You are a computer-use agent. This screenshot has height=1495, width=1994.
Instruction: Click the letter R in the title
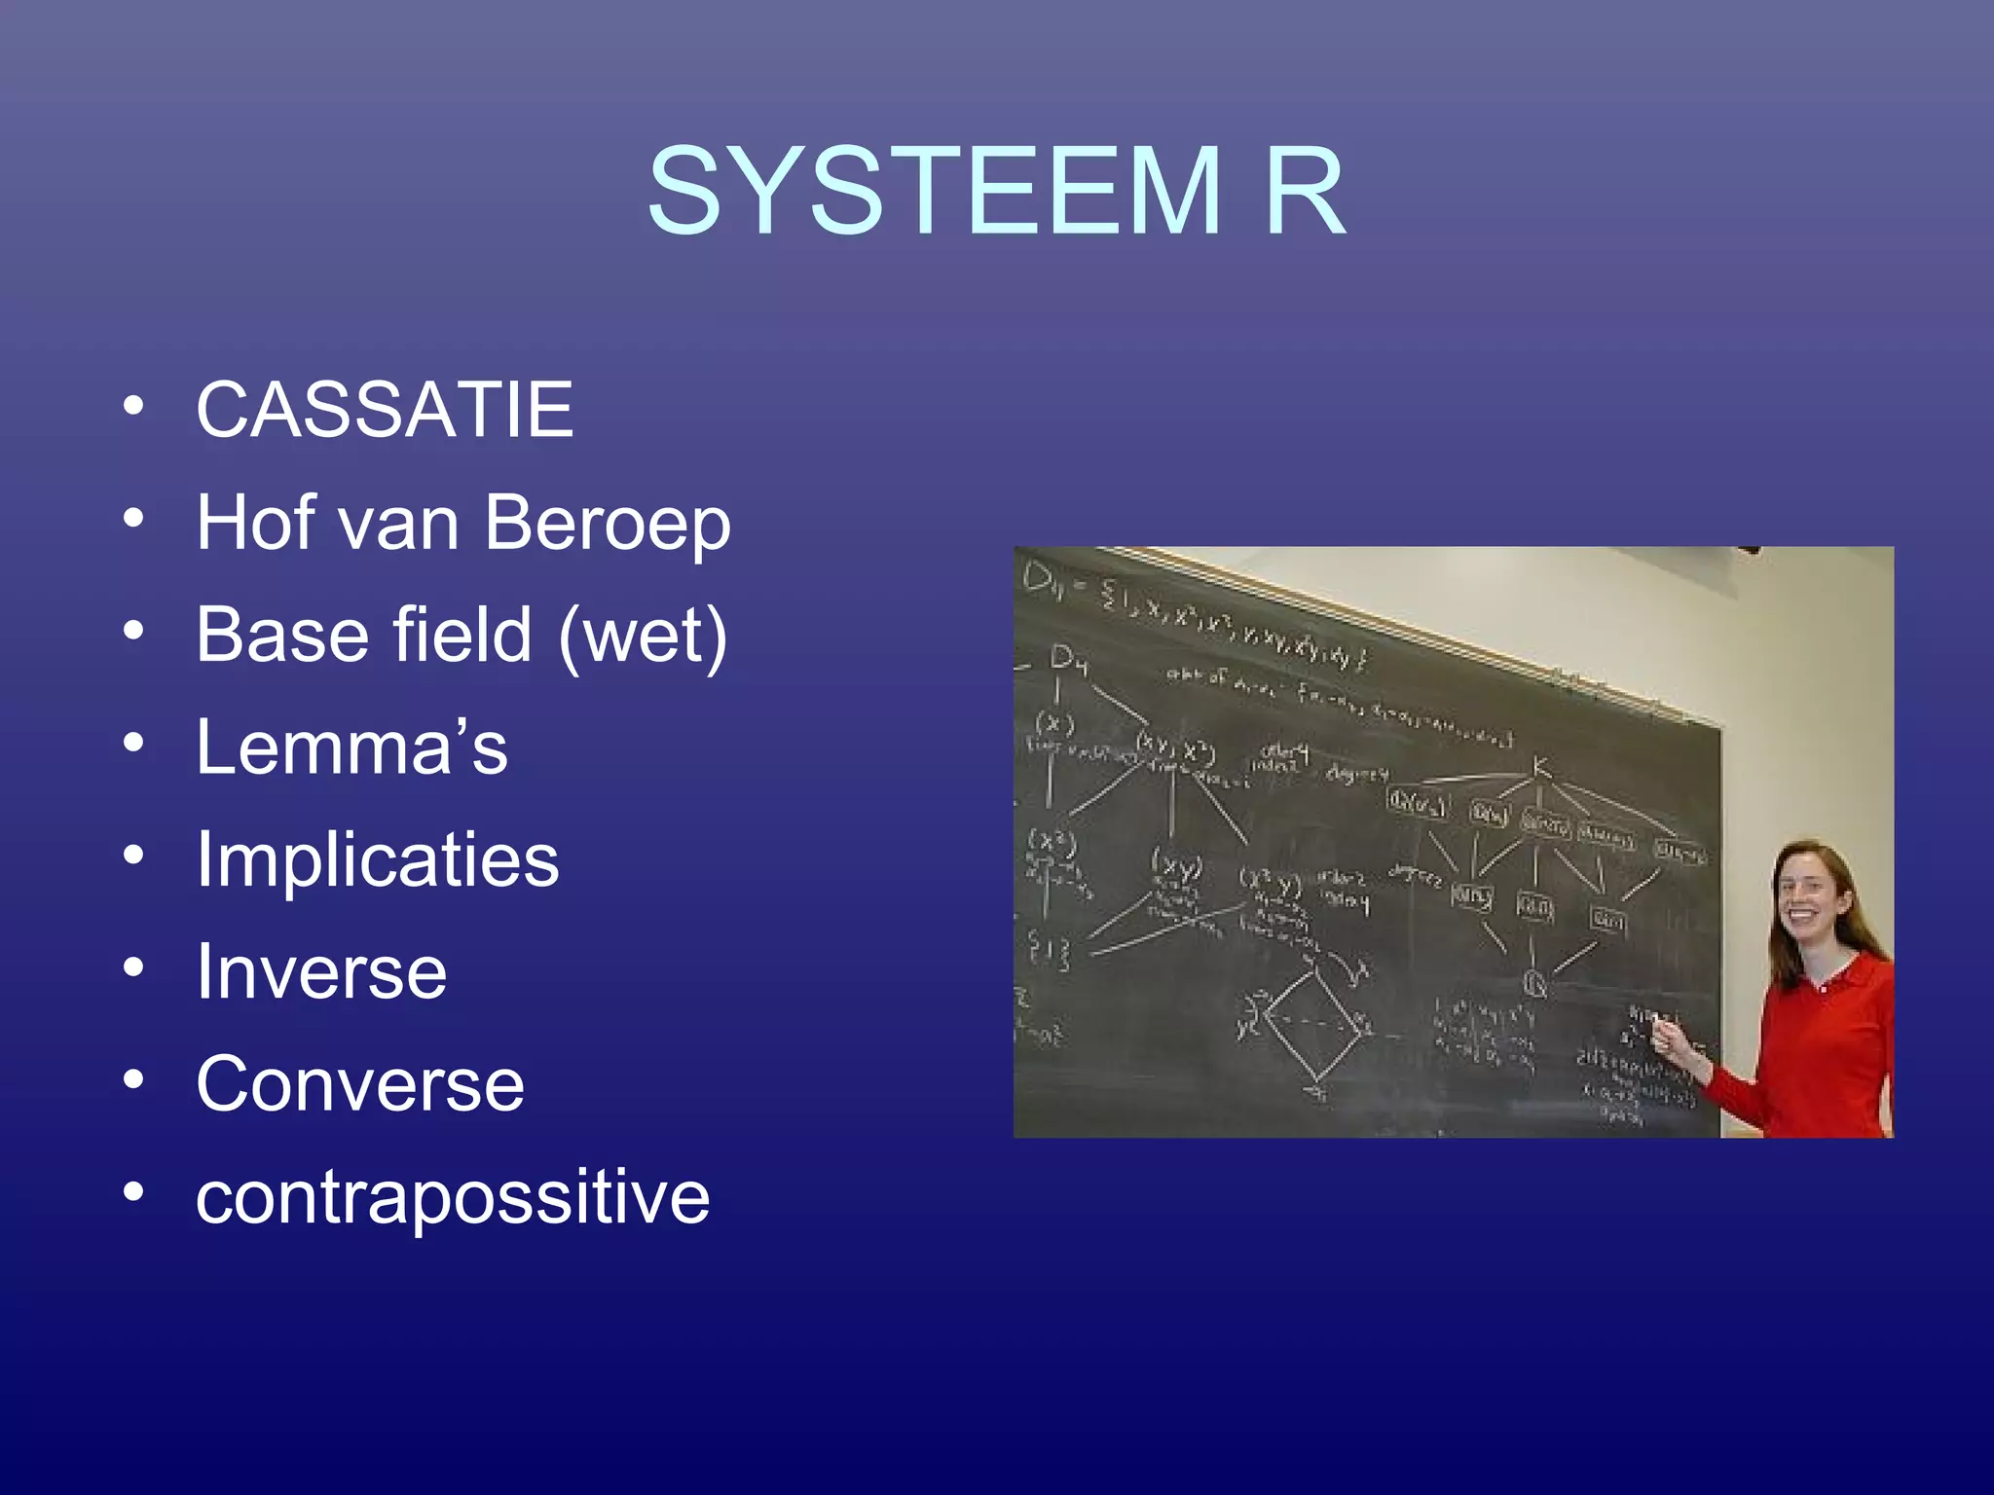pos(1305,191)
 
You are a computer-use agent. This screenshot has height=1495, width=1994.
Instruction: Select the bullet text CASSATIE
pos(385,410)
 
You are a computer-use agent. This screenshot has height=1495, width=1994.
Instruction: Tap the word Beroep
pos(607,523)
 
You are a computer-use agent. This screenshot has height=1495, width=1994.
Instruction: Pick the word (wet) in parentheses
pos(643,636)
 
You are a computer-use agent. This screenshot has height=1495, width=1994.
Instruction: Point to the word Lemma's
pos(351,747)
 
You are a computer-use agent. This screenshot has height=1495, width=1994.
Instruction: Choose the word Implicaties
pos(378,860)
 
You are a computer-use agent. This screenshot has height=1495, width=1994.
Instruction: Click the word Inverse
pos(321,972)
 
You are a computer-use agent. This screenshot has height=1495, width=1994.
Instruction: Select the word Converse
pos(360,1084)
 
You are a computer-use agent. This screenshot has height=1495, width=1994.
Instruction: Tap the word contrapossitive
pos(453,1197)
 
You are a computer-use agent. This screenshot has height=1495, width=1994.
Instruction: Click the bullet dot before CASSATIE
pos(134,406)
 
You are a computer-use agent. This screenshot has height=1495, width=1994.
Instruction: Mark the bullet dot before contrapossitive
pos(134,1192)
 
